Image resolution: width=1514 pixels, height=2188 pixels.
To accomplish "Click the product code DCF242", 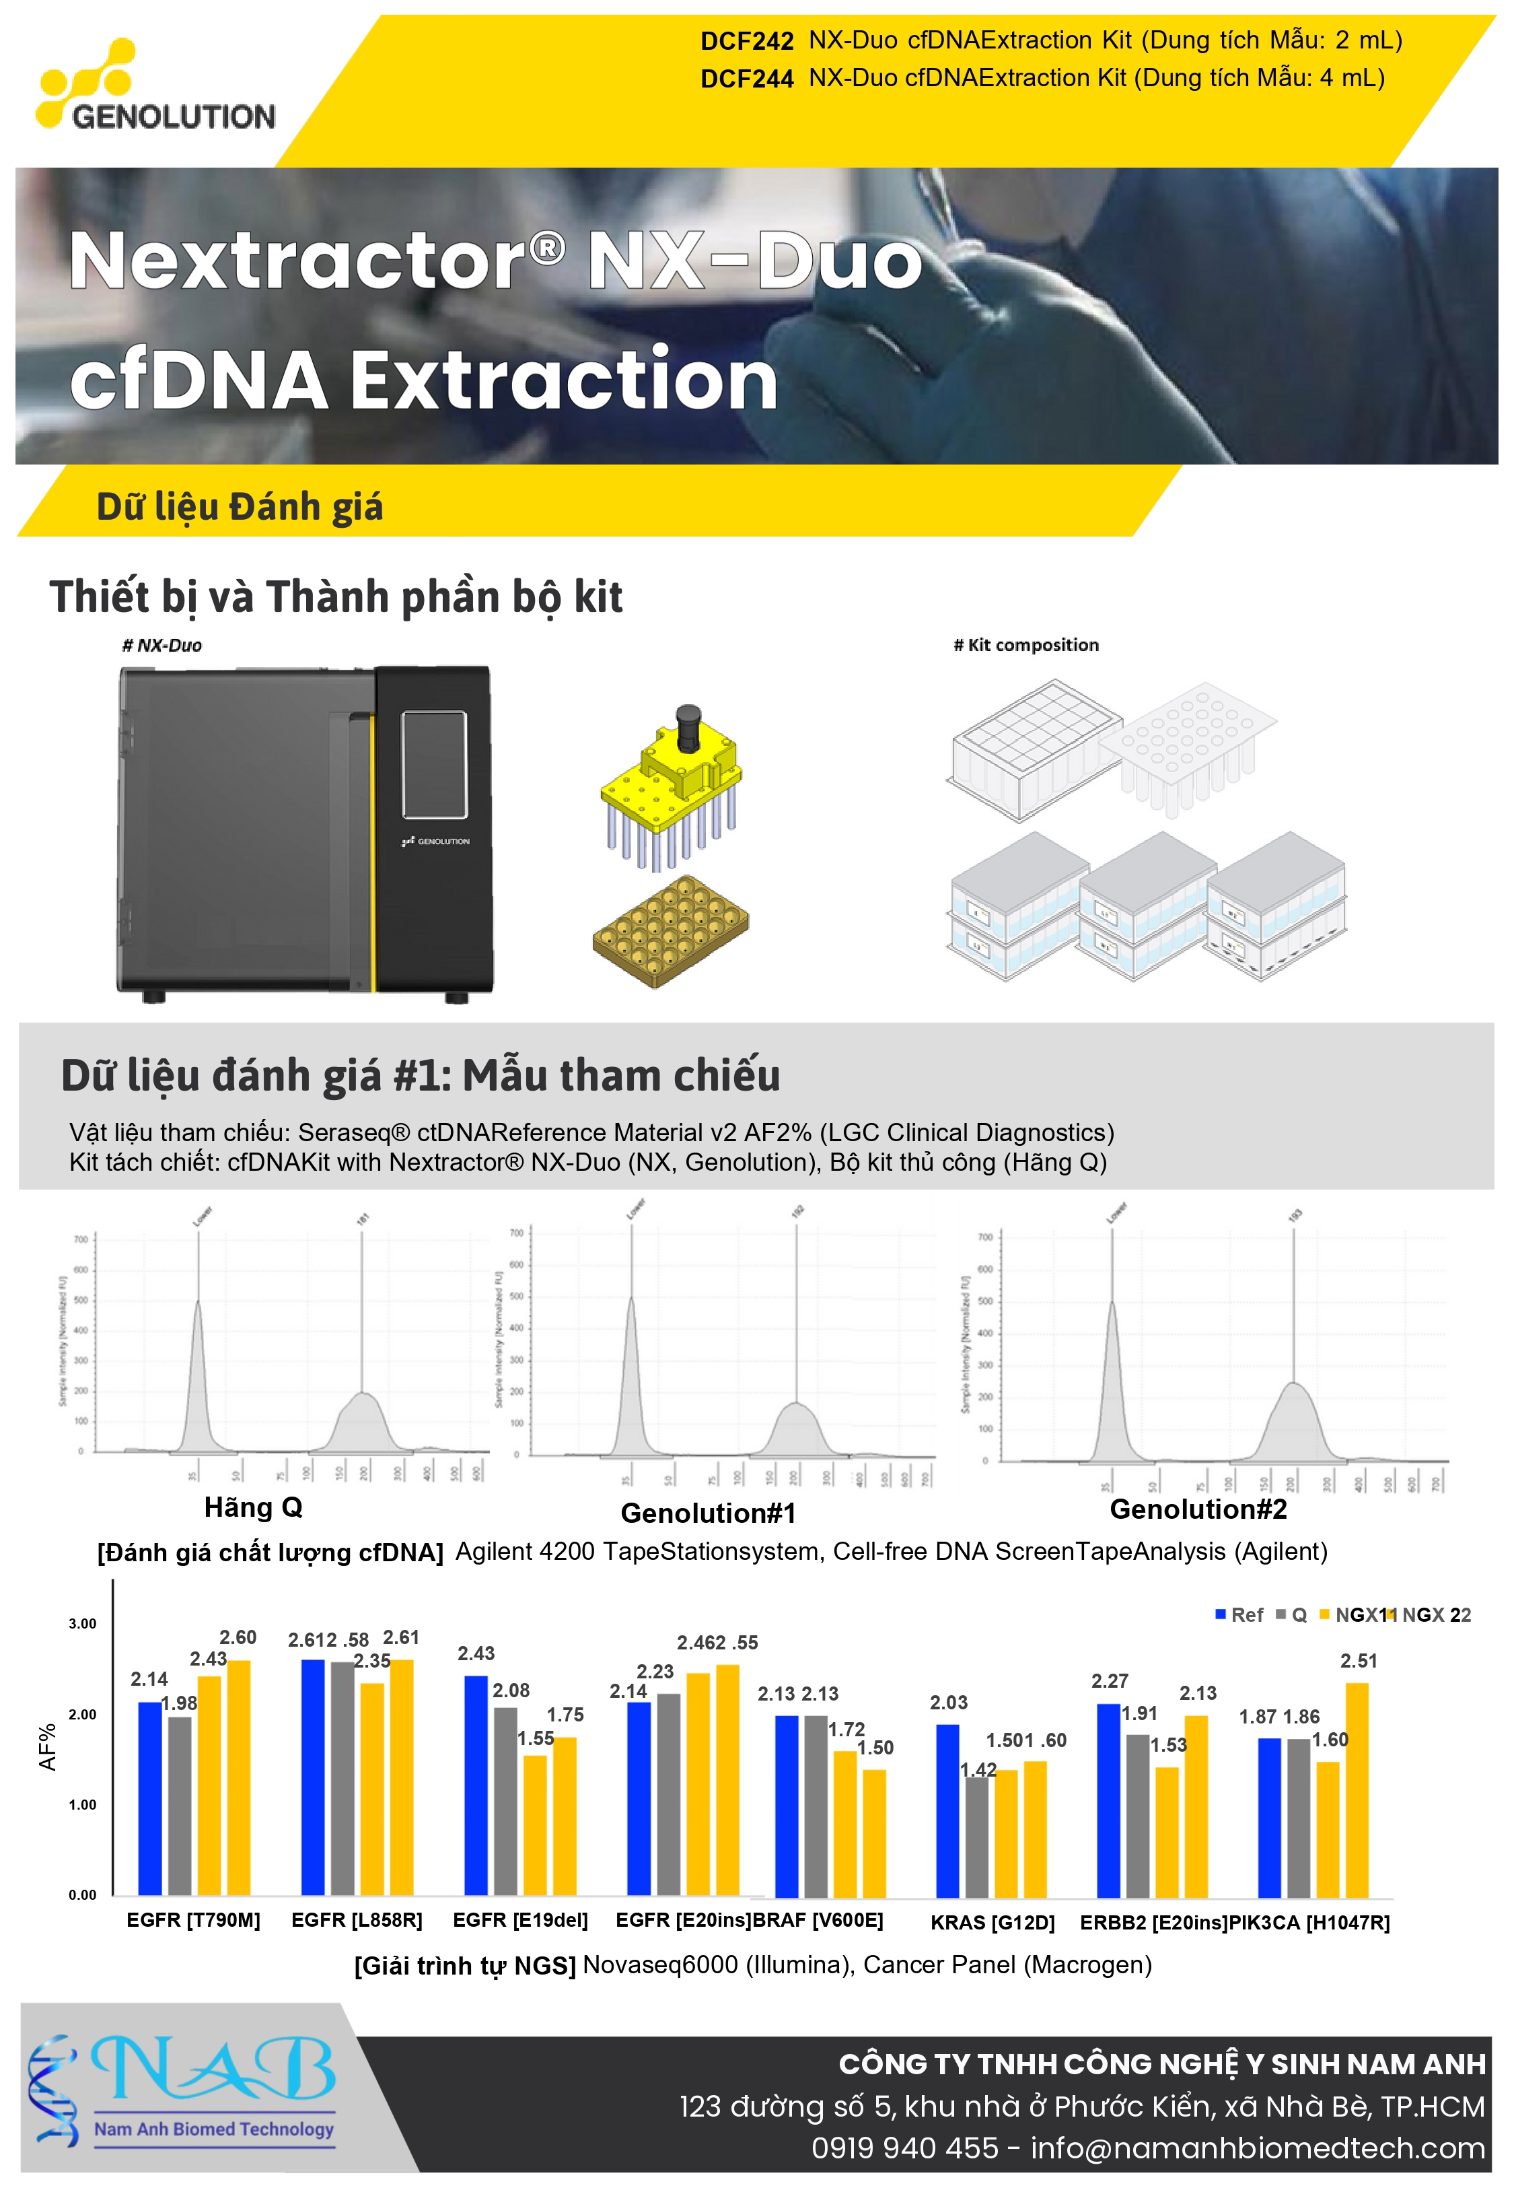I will click(746, 42).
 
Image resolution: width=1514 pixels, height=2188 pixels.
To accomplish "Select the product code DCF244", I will click(746, 79).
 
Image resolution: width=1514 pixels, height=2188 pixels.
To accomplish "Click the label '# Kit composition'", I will click(1025, 645).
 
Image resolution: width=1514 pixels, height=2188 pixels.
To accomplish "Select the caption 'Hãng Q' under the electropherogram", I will click(253, 1507).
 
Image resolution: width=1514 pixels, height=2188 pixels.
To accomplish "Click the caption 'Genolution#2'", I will click(1198, 1509).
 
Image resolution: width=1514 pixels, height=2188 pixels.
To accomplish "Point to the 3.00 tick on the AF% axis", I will click(83, 1623).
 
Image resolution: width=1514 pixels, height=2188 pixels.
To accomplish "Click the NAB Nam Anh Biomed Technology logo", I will click(185, 2088).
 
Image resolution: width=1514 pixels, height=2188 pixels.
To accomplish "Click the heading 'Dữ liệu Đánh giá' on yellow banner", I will click(240, 507).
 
